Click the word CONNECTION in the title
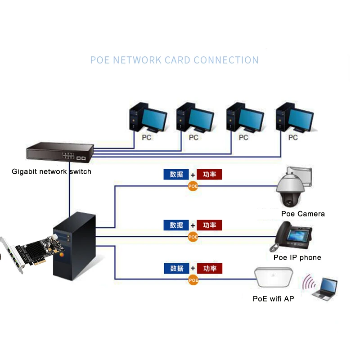tap(226, 60)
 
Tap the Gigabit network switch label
tap(51, 171)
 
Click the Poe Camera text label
tap(302, 214)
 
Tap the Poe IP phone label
tap(297, 257)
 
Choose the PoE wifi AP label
tap(273, 298)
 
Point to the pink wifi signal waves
tap(308, 283)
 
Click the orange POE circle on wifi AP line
tap(193, 280)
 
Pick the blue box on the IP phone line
tap(176, 225)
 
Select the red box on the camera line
tap(210, 175)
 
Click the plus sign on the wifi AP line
tap(193, 269)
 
